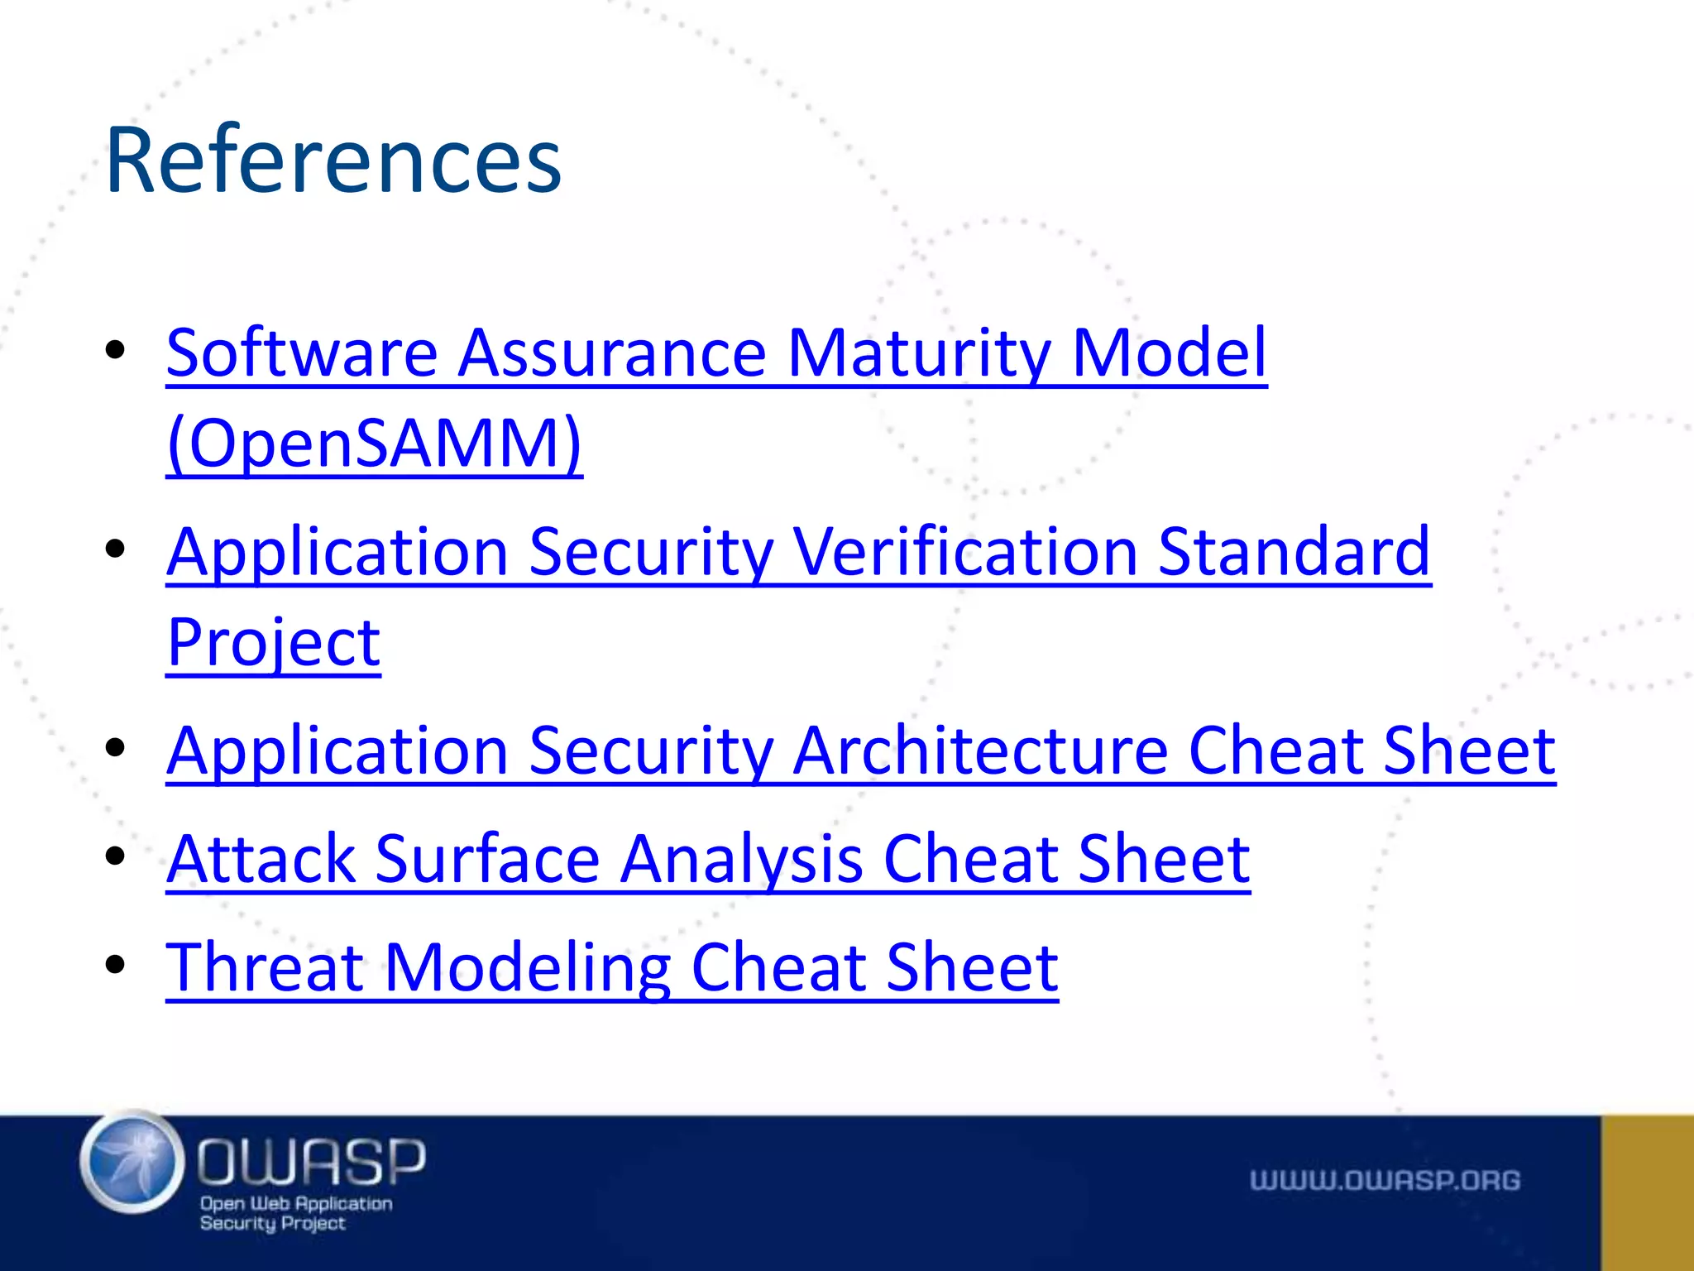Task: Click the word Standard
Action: pos(1294,552)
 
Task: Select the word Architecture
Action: pos(979,751)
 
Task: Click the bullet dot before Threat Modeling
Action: pos(115,964)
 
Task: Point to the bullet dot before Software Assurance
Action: pos(115,351)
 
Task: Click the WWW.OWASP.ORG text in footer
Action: pos(1385,1180)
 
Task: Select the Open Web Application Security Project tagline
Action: pos(295,1213)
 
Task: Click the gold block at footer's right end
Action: pos(1647,1192)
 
